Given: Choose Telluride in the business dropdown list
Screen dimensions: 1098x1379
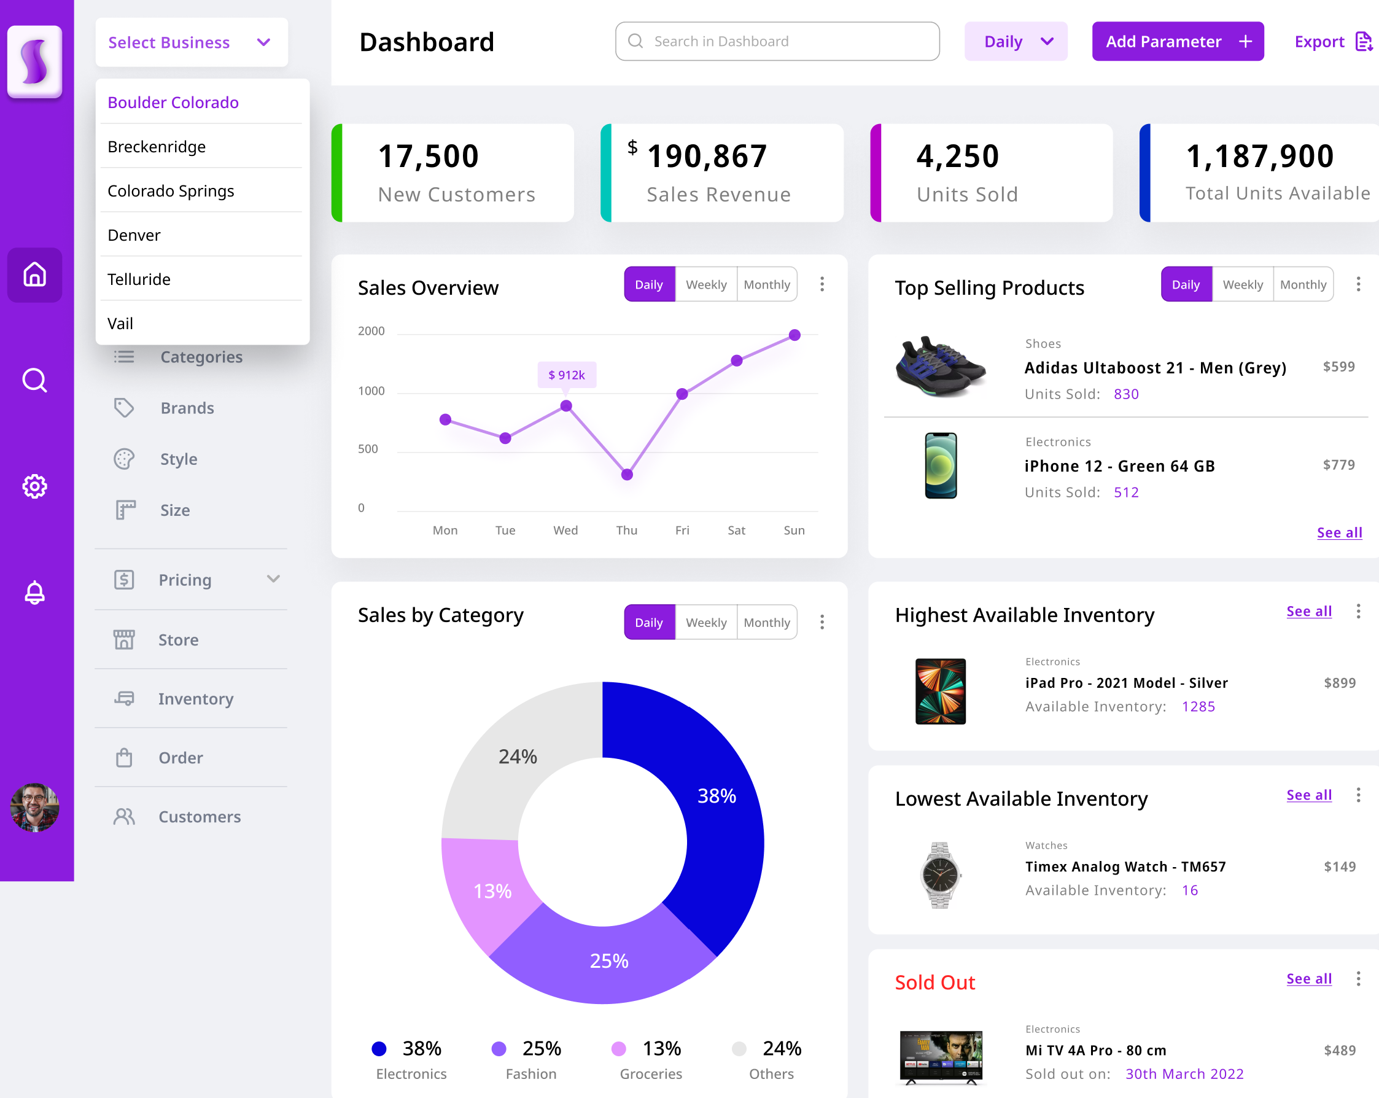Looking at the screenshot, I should (139, 279).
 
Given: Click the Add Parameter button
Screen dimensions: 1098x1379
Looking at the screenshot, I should (1177, 42).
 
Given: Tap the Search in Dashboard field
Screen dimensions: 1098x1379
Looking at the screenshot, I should (777, 42).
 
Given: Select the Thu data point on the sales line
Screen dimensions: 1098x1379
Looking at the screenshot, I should (627, 475).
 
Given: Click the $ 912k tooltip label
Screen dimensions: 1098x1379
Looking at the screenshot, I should (567, 375).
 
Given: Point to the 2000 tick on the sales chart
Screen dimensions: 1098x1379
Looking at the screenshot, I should (371, 332).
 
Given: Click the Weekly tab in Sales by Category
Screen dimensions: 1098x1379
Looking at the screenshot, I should (705, 623).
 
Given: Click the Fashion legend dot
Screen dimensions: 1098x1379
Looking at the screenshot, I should (499, 1049).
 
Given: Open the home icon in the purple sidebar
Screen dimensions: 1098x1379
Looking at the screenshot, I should (34, 274).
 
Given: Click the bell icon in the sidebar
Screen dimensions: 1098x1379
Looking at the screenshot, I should (34, 593).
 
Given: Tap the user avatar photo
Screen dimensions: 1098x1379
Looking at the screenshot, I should (34, 808).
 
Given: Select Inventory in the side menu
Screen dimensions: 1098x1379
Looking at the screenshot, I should (196, 699).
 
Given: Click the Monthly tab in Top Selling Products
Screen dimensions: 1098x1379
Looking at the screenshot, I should (1302, 285).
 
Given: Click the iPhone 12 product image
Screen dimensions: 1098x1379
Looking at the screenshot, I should (940, 466).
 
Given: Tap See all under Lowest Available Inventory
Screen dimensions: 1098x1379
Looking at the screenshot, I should (1308, 795).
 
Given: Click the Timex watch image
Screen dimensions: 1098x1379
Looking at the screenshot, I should (939, 874).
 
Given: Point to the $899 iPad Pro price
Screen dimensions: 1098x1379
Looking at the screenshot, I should (1339, 683).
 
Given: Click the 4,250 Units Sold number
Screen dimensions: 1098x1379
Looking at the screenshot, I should (957, 157).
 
